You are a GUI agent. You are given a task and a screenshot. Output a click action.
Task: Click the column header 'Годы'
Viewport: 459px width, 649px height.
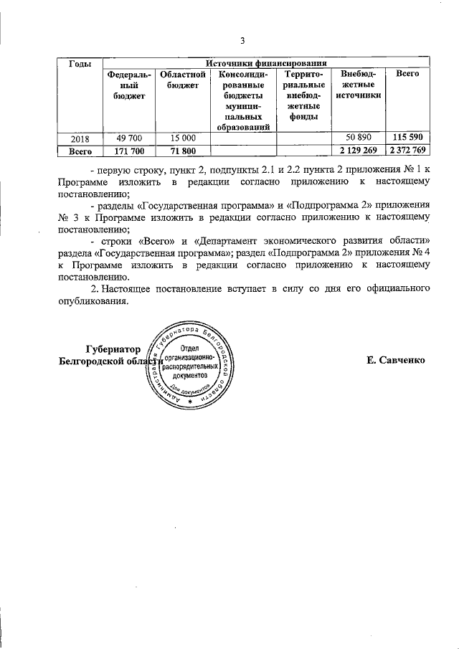[79, 65]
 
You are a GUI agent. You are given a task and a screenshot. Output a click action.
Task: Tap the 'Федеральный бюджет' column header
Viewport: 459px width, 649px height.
[128, 85]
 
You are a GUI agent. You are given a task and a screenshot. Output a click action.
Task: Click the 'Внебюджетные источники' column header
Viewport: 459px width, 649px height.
[358, 85]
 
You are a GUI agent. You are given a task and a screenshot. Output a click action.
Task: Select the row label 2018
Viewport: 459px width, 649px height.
[80, 138]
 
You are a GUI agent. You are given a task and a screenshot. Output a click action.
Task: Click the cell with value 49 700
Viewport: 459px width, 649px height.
[128, 138]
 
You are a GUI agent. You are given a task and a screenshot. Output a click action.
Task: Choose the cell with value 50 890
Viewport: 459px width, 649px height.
[358, 138]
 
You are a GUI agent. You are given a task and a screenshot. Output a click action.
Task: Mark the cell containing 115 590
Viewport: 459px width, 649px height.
[407, 138]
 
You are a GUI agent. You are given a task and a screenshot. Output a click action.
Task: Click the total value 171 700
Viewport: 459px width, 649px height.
[128, 151]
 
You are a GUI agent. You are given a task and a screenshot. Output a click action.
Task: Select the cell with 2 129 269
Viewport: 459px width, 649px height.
[358, 151]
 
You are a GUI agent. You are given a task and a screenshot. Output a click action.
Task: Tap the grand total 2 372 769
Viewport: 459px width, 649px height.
[407, 151]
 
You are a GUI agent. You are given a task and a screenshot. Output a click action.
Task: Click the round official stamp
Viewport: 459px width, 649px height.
[189, 364]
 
